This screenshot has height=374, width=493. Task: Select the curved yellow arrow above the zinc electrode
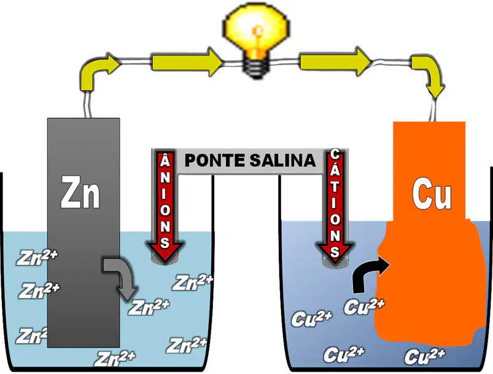point(96,71)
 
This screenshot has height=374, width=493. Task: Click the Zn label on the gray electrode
point(80,192)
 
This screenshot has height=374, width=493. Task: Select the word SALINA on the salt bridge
point(282,160)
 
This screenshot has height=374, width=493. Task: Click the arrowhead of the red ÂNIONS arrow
point(165,251)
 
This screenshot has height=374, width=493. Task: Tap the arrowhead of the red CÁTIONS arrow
point(335,252)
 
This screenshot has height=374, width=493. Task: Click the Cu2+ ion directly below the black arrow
point(364,306)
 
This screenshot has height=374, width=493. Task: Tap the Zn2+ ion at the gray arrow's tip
point(149,307)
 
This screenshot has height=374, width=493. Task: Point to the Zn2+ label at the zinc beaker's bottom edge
point(115,359)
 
